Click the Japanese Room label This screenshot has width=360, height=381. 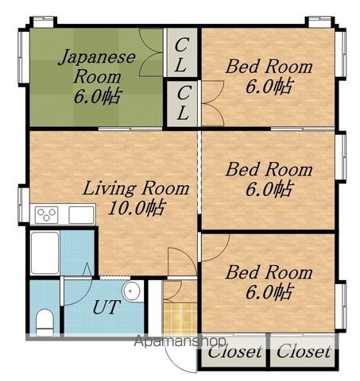click(97, 66)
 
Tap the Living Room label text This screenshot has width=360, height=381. click(136, 189)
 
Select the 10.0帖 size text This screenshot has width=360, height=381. click(137, 208)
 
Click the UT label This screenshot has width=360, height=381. click(105, 307)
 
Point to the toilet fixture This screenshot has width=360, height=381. click(45, 322)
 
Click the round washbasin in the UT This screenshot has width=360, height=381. click(133, 291)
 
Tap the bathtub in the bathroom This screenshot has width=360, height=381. click(45, 253)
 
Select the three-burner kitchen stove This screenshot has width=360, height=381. click(47, 214)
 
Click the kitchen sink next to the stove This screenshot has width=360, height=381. click(81, 215)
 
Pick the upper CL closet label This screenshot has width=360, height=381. click(181, 55)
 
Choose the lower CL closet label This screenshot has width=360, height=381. click(183, 103)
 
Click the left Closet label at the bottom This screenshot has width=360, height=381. click(234, 352)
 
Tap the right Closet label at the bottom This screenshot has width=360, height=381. click(304, 352)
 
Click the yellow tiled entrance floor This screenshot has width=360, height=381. click(180, 319)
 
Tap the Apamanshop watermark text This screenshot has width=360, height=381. click(180, 341)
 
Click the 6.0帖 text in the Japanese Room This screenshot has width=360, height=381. click(98, 96)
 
